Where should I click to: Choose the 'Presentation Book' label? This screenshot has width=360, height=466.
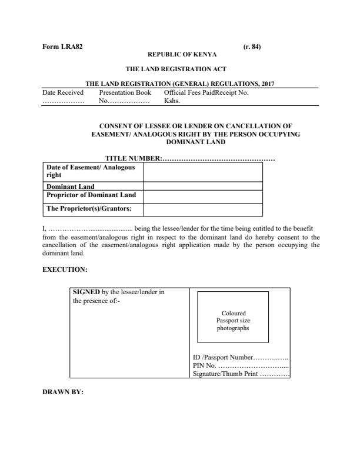[125, 92]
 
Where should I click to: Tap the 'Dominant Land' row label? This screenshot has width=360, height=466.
[70, 187]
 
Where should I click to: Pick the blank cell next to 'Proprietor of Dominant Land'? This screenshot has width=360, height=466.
[203, 195]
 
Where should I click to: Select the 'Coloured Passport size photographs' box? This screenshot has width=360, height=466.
[232, 317]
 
